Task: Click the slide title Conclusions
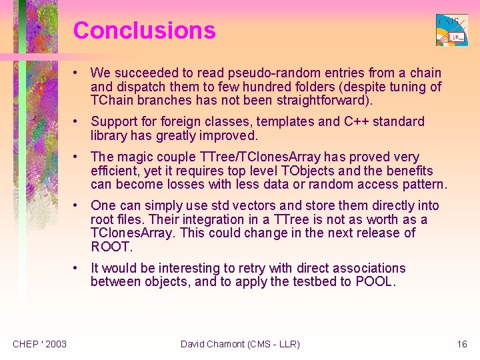tap(144, 31)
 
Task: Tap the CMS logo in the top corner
tap(451, 30)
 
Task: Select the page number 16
tap(462, 344)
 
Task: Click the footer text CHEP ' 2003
tap(39, 344)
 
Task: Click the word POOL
tap(375, 282)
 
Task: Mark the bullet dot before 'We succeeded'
tap(78, 73)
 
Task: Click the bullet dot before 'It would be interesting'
tap(78, 268)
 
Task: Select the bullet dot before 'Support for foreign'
tap(78, 121)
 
